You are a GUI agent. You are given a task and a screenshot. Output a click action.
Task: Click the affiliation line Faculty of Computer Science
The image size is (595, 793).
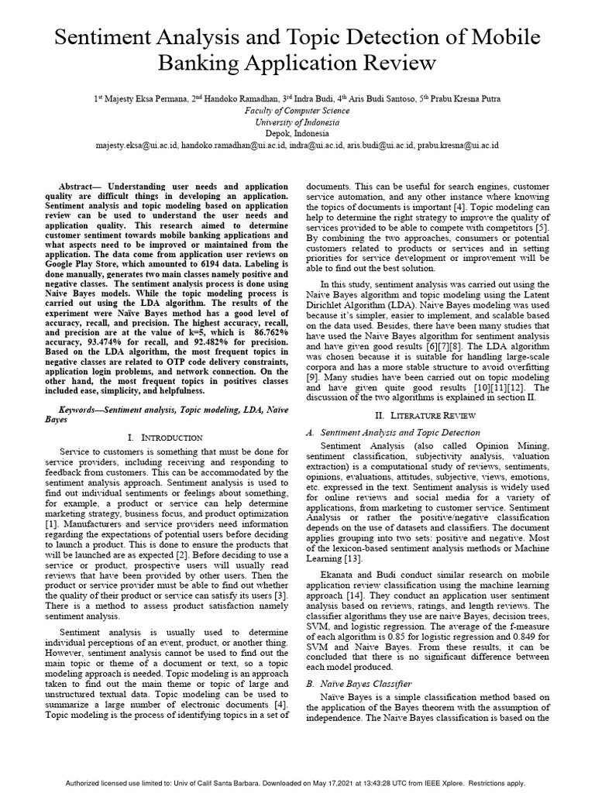click(297, 111)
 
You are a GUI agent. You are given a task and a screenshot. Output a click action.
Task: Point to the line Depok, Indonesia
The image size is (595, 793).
click(297, 133)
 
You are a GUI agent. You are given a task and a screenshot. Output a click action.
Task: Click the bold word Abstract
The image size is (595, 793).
click(80, 187)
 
